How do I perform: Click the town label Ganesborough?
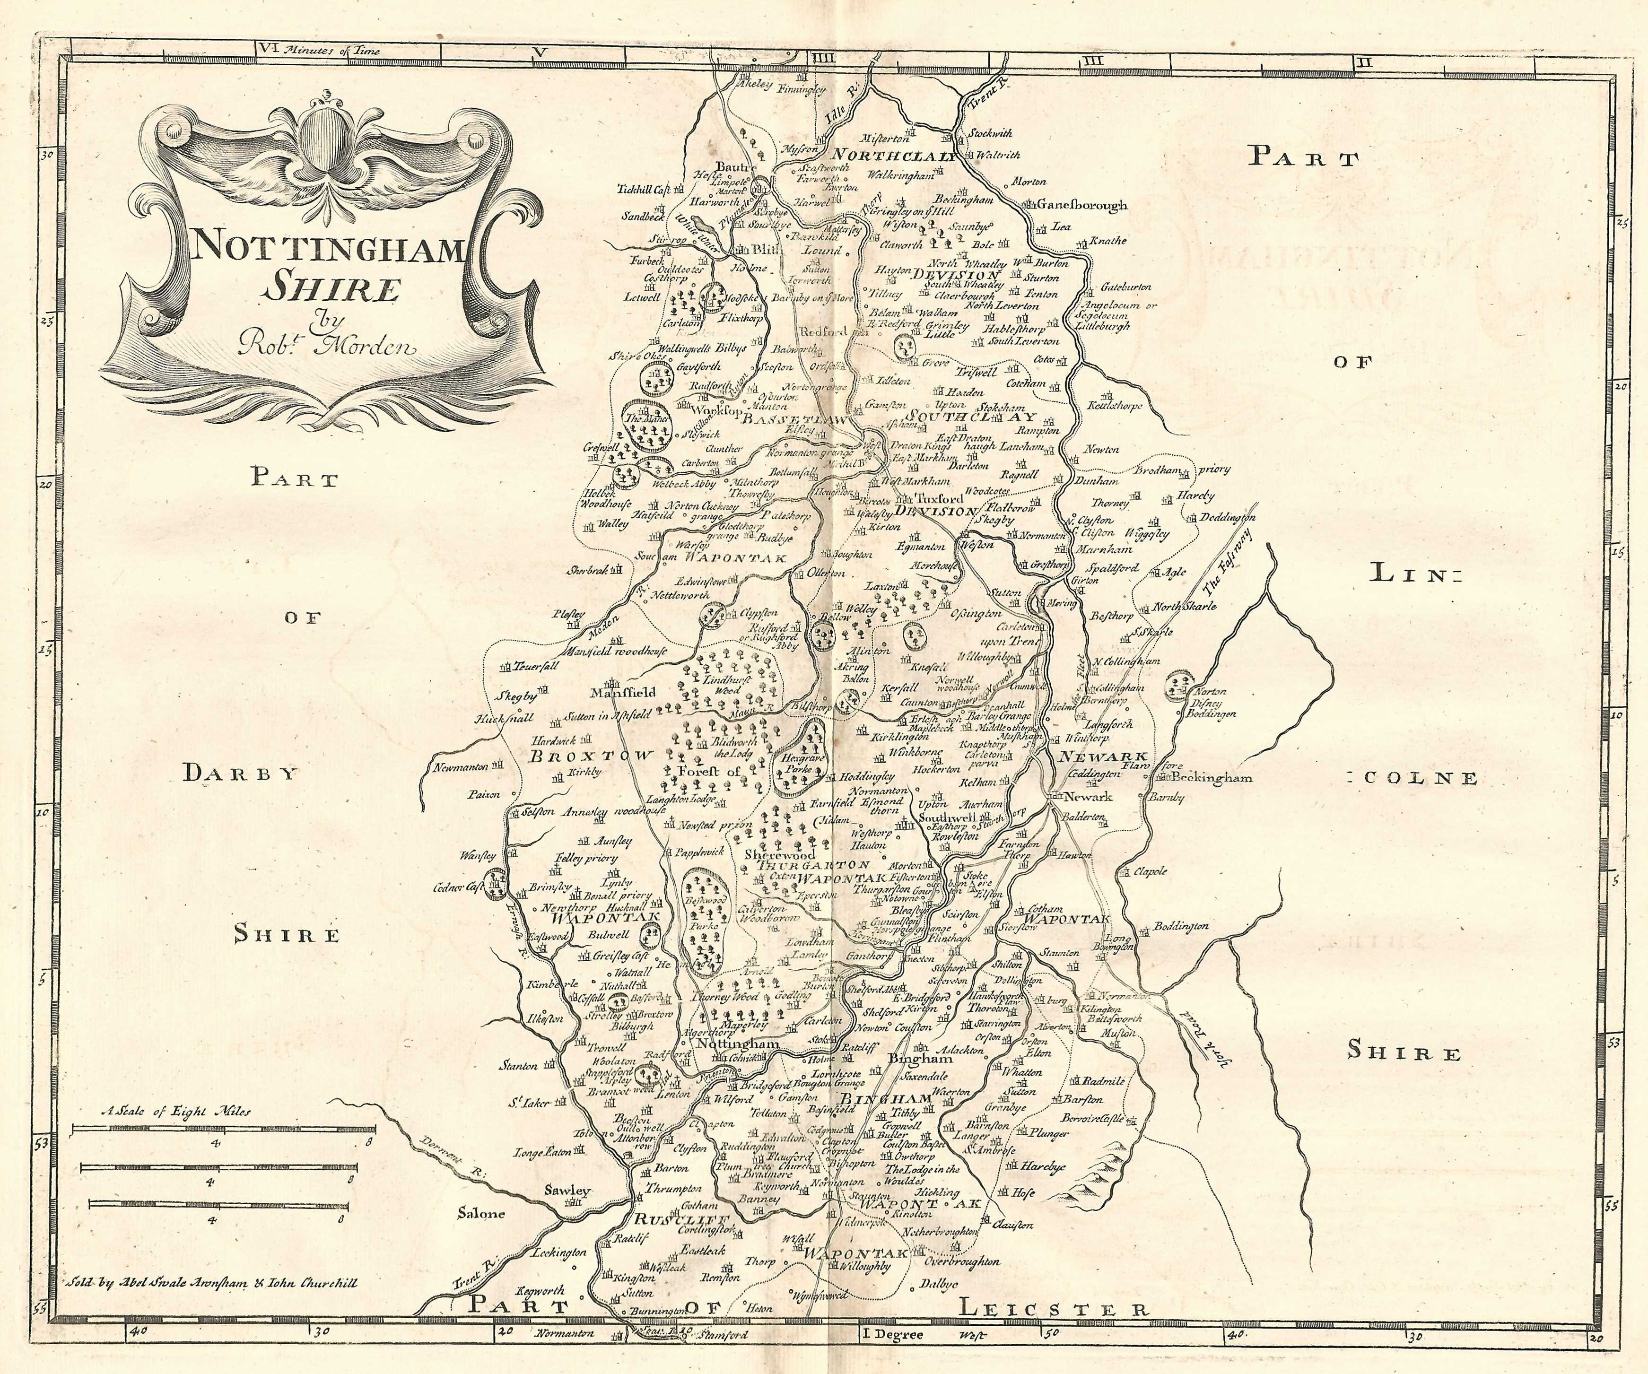pyautogui.click(x=1081, y=206)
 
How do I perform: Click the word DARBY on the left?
pyautogui.click(x=240, y=774)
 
